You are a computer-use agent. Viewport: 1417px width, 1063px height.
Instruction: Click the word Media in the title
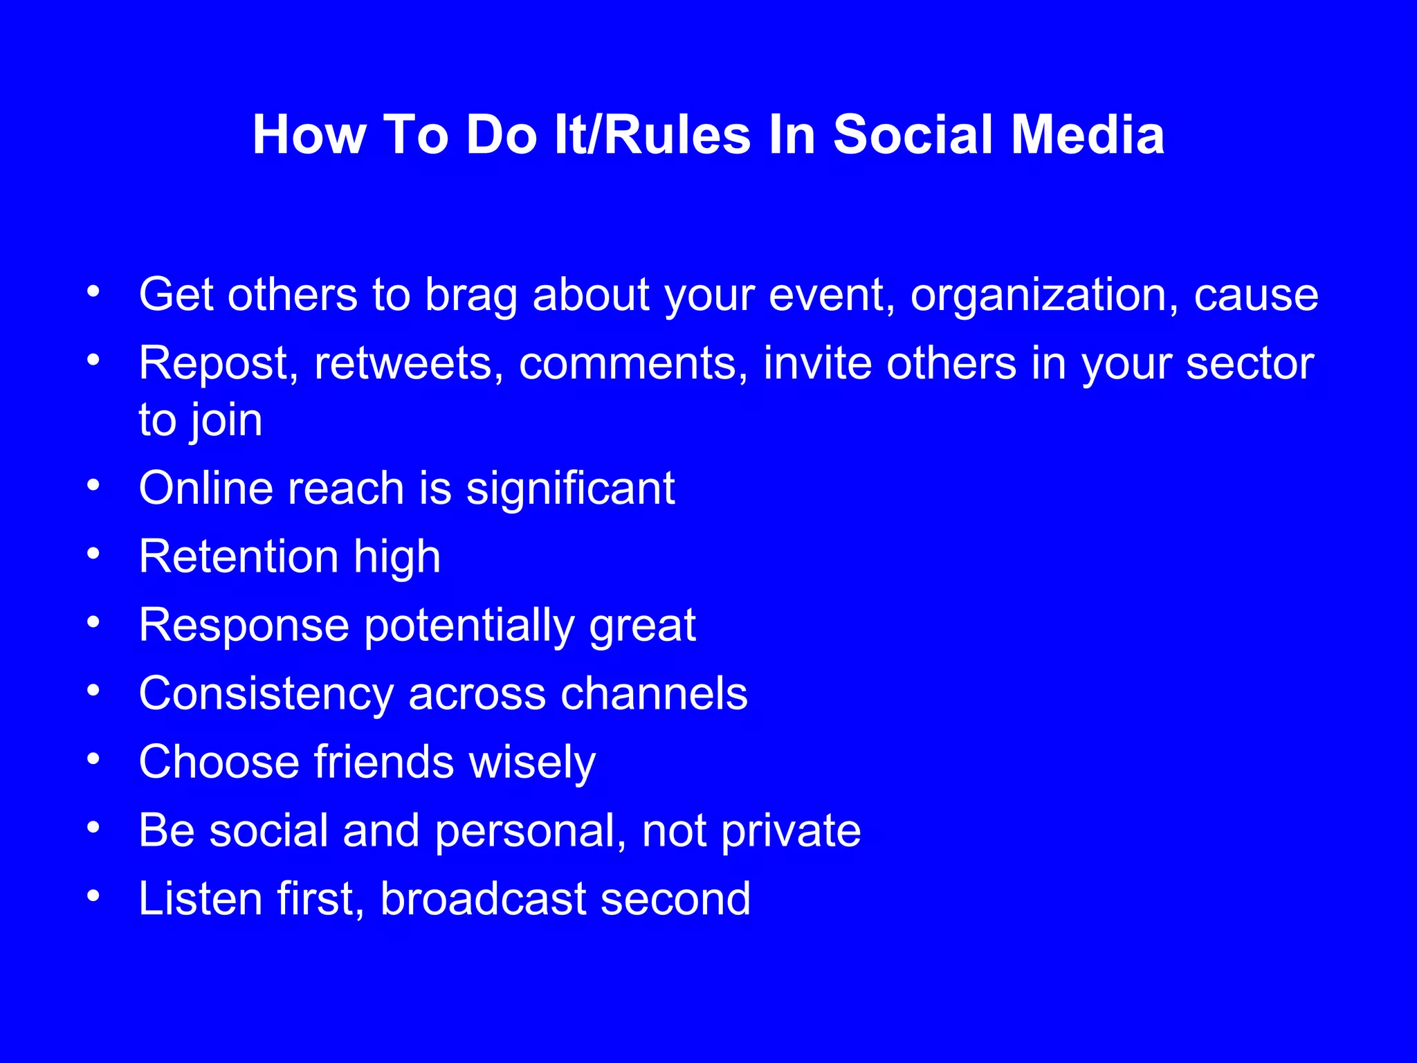click(1088, 134)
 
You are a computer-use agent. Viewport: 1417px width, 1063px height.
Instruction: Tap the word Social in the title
click(915, 134)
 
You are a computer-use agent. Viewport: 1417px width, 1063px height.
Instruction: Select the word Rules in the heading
click(677, 134)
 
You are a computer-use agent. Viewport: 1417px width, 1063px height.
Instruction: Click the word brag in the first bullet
click(471, 296)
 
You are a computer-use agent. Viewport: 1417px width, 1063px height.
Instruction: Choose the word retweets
click(408, 364)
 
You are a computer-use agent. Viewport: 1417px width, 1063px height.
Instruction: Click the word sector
click(1250, 364)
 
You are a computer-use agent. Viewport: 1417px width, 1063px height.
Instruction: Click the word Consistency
click(266, 694)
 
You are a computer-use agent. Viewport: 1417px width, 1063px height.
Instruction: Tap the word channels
click(654, 694)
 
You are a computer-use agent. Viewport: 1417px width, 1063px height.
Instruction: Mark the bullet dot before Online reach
click(93, 484)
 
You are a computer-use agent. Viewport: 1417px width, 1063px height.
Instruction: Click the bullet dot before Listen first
click(93, 896)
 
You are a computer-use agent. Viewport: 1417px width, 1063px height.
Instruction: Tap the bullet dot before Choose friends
click(93, 758)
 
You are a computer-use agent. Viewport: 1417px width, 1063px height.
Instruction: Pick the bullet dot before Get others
click(93, 291)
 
